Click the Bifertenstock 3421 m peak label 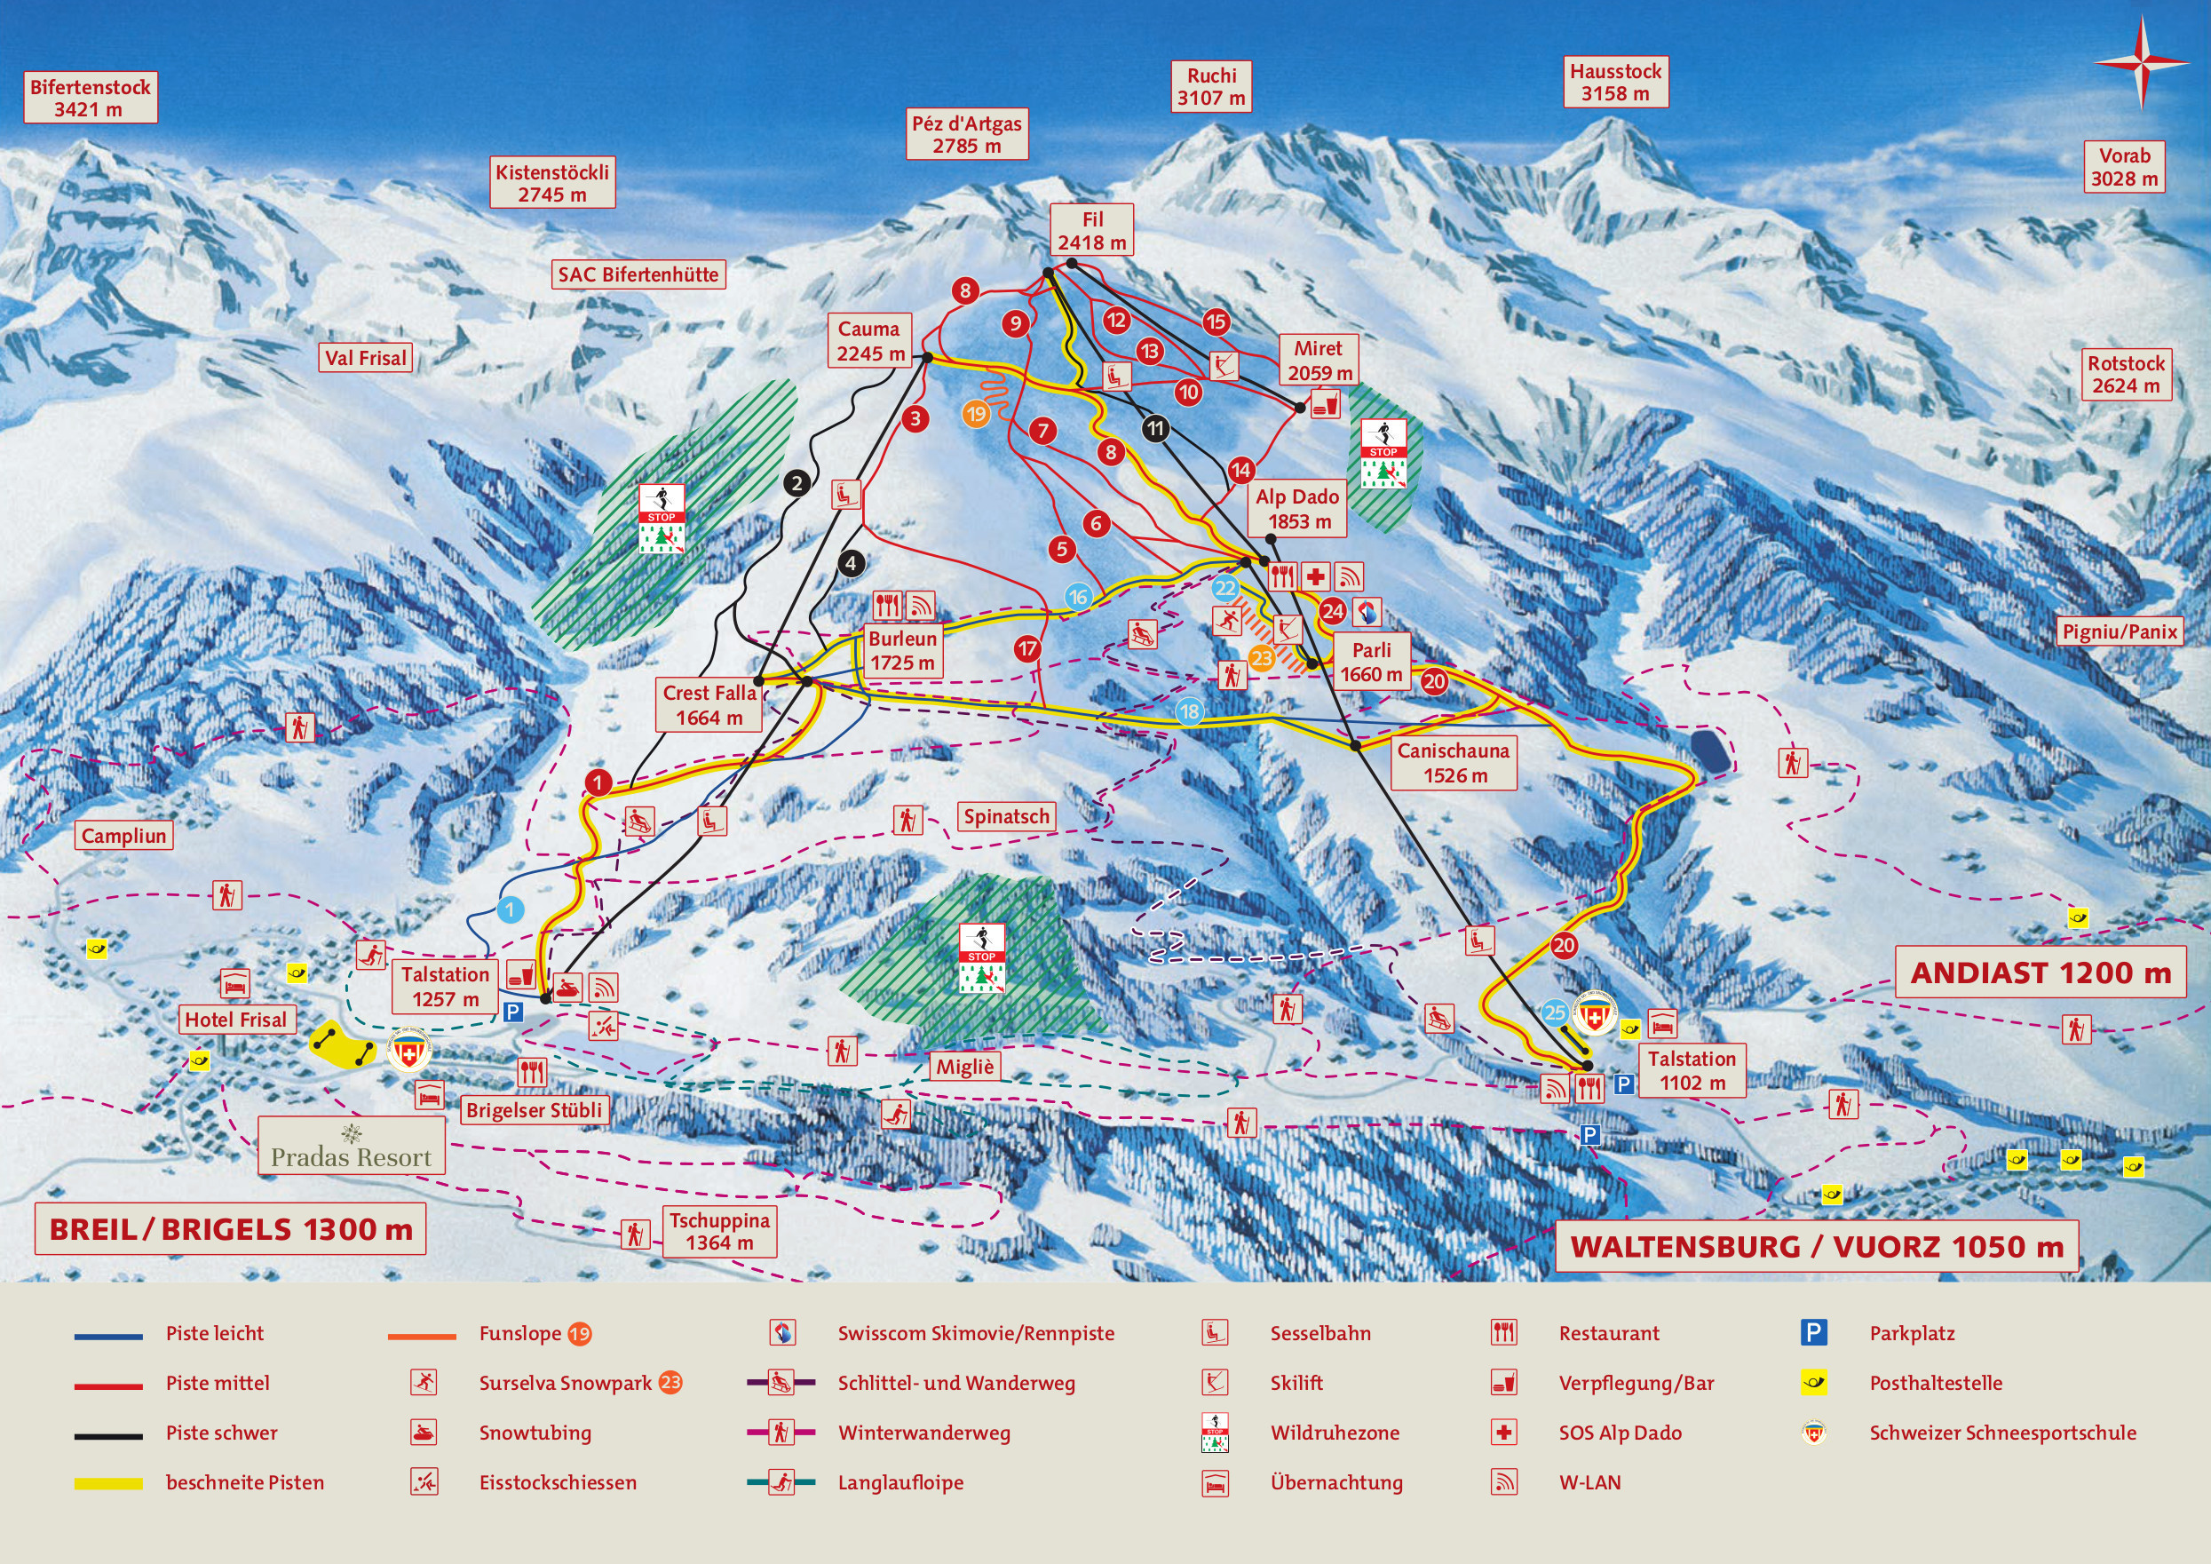coord(90,98)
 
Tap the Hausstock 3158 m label coord(1615,82)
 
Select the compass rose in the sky coord(2141,61)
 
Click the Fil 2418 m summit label coord(1091,230)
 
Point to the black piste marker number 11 coord(1155,429)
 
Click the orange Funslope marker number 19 coord(976,414)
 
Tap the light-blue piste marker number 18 coord(1189,711)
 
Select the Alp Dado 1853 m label coord(1296,509)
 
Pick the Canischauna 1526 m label coord(1454,763)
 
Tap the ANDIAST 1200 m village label coord(2041,973)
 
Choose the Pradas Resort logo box coord(352,1146)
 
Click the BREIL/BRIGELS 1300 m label coord(230,1229)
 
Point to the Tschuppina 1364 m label coord(719,1231)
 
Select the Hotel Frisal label coord(235,1019)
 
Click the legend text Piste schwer coord(221,1433)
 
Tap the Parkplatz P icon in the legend coord(1813,1333)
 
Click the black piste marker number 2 coord(796,482)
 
